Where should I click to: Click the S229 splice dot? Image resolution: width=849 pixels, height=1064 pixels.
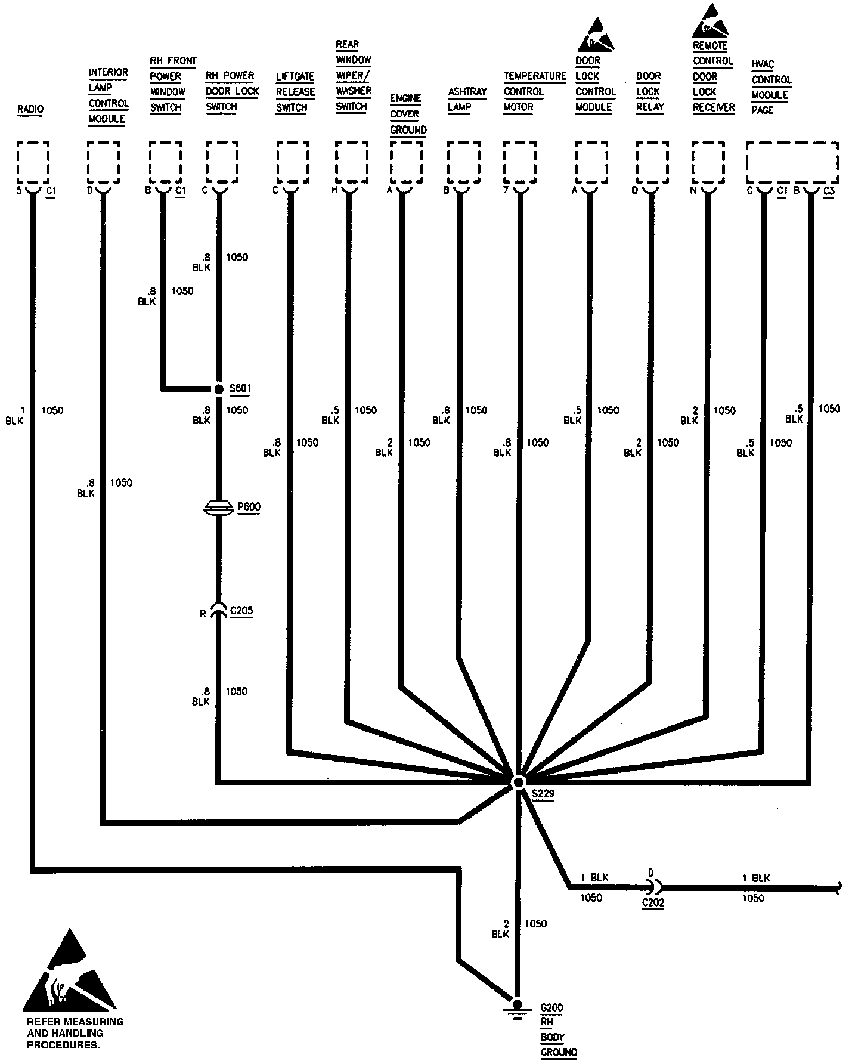[x=518, y=782]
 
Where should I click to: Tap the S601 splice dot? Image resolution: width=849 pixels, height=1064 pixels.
[x=219, y=389]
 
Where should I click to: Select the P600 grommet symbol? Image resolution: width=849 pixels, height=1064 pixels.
[x=219, y=508]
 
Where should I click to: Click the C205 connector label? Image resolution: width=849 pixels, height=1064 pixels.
[x=241, y=611]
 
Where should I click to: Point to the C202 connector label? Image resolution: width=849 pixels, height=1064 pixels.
[x=653, y=902]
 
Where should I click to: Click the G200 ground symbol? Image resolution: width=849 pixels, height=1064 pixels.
[x=518, y=1007]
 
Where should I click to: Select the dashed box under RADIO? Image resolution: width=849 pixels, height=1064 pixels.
[x=33, y=162]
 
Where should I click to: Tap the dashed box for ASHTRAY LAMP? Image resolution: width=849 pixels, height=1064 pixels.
[x=463, y=162]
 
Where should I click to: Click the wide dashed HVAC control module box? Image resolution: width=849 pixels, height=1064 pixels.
[x=792, y=162]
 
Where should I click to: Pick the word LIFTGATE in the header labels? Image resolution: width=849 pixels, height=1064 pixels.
[x=295, y=76]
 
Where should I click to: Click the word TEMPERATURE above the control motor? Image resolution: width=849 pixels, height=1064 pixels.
[x=535, y=76]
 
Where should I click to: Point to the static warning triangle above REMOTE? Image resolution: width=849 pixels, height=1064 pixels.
[x=711, y=21]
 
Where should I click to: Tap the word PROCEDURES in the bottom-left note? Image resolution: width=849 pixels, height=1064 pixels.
[x=63, y=1045]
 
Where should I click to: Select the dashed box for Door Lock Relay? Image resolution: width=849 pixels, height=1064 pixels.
[x=652, y=162]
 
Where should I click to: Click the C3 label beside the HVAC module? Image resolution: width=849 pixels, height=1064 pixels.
[x=828, y=191]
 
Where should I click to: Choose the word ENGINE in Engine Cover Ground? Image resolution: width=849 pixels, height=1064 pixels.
[x=405, y=98]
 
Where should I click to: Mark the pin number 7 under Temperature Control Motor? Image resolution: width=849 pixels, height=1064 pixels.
[x=506, y=190]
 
